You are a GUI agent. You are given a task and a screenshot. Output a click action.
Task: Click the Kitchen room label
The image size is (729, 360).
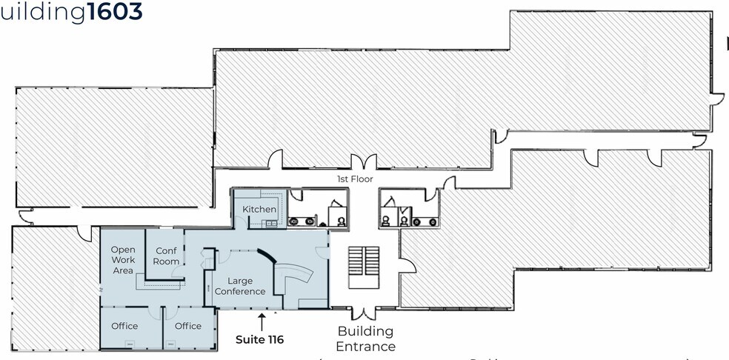(259, 210)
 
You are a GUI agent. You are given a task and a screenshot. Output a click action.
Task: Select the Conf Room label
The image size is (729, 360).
(167, 256)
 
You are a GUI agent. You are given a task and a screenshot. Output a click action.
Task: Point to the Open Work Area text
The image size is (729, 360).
(123, 260)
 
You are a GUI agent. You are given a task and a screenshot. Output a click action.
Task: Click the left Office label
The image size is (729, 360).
(124, 326)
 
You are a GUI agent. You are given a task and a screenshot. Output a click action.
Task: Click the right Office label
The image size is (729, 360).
(188, 326)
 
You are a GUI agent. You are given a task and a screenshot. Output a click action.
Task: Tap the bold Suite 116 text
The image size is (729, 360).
(259, 340)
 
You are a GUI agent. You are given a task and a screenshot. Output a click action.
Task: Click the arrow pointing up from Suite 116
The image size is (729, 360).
(261, 321)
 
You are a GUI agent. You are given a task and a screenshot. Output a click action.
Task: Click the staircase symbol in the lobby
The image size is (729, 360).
(364, 267)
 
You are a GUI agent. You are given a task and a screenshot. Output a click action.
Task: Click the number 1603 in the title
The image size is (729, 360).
(115, 12)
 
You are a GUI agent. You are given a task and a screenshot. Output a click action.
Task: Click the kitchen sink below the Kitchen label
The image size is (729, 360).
(271, 223)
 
